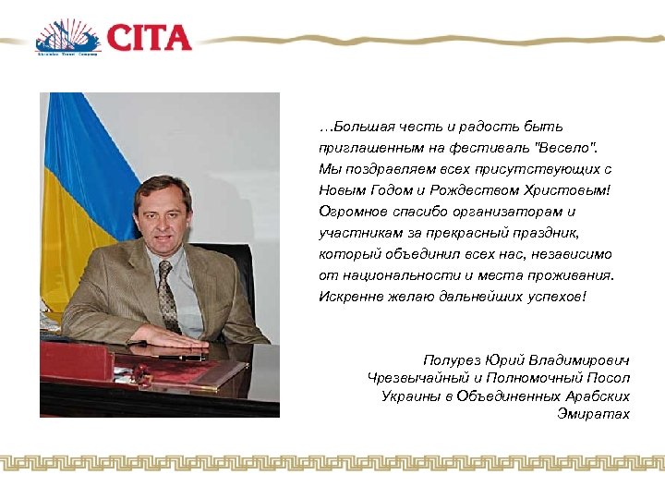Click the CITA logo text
(149, 38)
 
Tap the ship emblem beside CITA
(66, 38)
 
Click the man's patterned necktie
(166, 295)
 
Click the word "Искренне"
(349, 296)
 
